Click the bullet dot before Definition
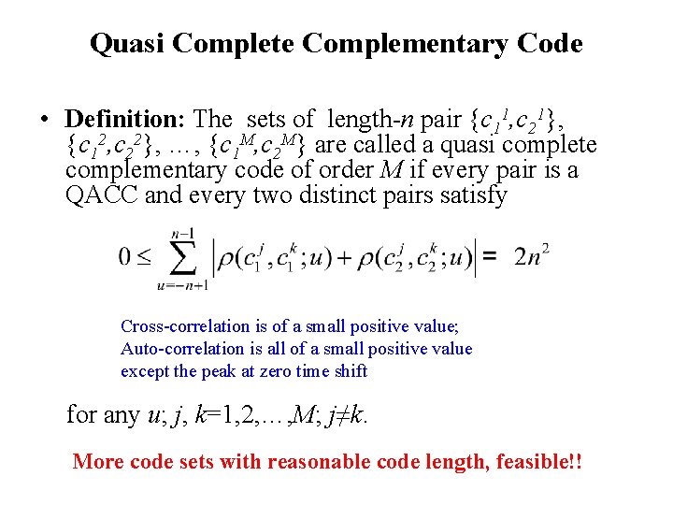[x=45, y=121]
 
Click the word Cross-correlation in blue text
[x=181, y=326]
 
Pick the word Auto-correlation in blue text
[x=177, y=349]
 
